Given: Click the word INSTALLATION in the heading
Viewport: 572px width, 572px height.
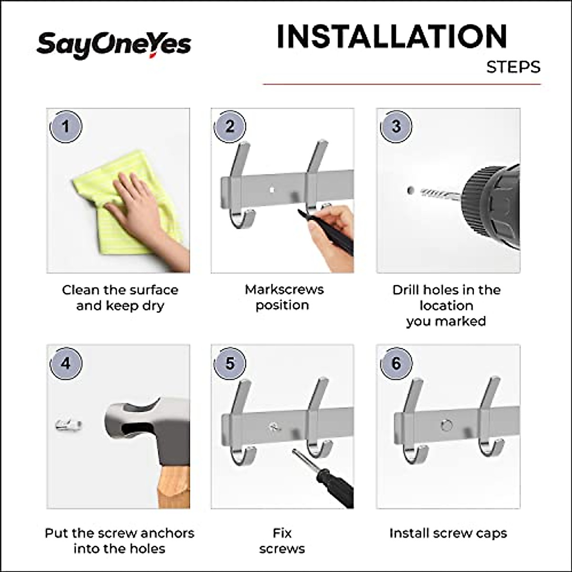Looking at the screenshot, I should point(391,37).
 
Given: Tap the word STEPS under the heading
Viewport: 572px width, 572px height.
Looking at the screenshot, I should point(513,67).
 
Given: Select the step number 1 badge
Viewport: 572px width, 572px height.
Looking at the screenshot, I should point(66,127).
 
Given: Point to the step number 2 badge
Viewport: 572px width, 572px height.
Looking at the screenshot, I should point(230,127).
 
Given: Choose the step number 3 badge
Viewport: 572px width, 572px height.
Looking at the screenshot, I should point(396,127).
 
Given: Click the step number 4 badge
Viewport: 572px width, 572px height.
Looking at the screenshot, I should point(66,364).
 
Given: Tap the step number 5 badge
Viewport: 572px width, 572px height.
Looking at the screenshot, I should point(230,364).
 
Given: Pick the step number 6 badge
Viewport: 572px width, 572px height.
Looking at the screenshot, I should point(396,364).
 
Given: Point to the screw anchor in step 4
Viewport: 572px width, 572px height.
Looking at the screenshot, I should point(68,424).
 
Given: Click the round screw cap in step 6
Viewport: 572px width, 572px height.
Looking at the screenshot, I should point(447,425).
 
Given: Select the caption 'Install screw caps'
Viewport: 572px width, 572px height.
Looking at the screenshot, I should point(448,533).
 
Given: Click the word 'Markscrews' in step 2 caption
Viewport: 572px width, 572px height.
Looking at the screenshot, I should point(284,289).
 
